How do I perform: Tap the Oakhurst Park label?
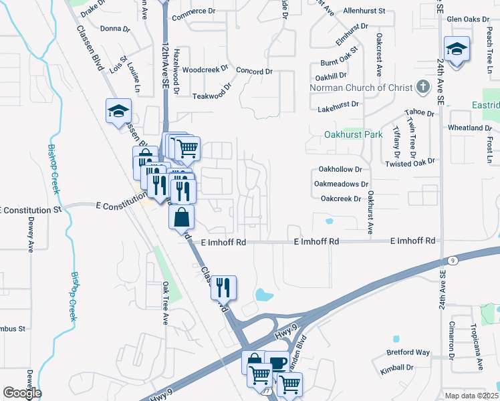(x=353, y=134)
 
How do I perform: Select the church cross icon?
(x=422, y=87)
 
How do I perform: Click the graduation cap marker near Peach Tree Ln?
(x=457, y=49)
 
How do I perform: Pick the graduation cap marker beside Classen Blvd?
(x=118, y=112)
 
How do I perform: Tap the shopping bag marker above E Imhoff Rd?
(x=182, y=218)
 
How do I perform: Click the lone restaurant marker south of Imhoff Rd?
(x=224, y=287)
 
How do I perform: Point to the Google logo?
(x=22, y=393)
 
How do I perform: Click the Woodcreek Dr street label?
(x=205, y=70)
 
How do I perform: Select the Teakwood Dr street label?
(x=211, y=96)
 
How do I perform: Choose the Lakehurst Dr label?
(x=338, y=105)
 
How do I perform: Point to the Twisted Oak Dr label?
(x=410, y=162)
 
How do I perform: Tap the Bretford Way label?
(x=408, y=352)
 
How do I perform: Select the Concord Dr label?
(x=254, y=72)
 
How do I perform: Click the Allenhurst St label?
(x=364, y=11)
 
